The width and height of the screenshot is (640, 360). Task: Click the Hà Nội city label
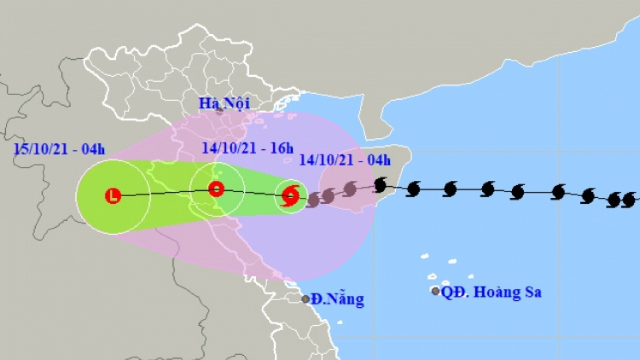pos(224,103)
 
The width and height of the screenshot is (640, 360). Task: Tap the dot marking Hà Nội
pos(219,111)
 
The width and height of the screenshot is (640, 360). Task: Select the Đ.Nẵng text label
pos(338,299)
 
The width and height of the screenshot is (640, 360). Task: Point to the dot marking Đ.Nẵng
pos(306,299)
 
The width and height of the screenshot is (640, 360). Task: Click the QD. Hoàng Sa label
pos(491,292)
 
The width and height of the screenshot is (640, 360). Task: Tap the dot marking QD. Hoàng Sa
pos(436,291)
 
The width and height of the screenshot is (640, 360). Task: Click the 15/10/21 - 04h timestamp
pos(59,149)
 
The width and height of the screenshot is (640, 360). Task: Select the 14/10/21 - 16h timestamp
pos(248,148)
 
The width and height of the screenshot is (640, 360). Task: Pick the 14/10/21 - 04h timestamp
pos(345,159)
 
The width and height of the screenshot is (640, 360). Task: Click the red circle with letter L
pos(113,196)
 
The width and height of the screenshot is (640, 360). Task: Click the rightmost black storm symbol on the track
pos(629,201)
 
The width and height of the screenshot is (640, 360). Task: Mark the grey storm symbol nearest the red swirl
pos(313,200)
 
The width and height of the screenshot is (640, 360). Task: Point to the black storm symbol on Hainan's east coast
pos(381,185)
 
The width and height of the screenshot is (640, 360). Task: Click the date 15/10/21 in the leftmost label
pos(39,149)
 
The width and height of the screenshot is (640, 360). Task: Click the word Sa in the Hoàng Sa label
pos(531,292)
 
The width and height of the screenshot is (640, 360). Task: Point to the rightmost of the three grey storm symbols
pos(350,188)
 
